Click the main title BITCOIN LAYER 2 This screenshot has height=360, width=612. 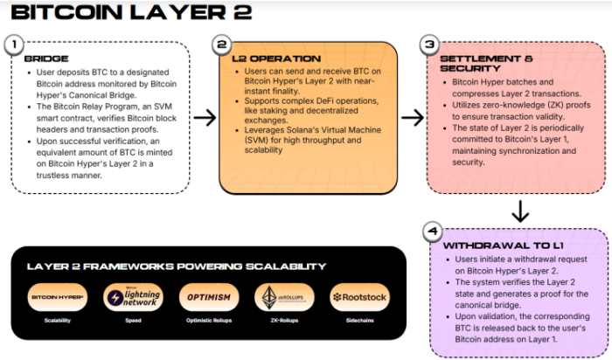[129, 12]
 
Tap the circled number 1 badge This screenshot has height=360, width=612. [13, 44]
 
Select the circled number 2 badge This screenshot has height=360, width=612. [222, 45]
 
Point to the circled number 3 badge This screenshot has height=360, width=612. [428, 44]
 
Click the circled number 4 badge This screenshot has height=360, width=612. [431, 232]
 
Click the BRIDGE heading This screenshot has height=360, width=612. [45, 59]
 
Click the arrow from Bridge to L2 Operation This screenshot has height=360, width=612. [205, 118]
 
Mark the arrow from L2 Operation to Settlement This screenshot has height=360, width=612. [412, 117]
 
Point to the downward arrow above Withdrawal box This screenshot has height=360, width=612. [519, 211]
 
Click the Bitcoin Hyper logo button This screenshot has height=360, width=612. [58, 297]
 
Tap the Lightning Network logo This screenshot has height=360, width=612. [133, 297]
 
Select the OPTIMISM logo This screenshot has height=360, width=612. [209, 297]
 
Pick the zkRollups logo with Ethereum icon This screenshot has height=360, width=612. [284, 297]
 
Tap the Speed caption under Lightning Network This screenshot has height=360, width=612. [133, 321]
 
